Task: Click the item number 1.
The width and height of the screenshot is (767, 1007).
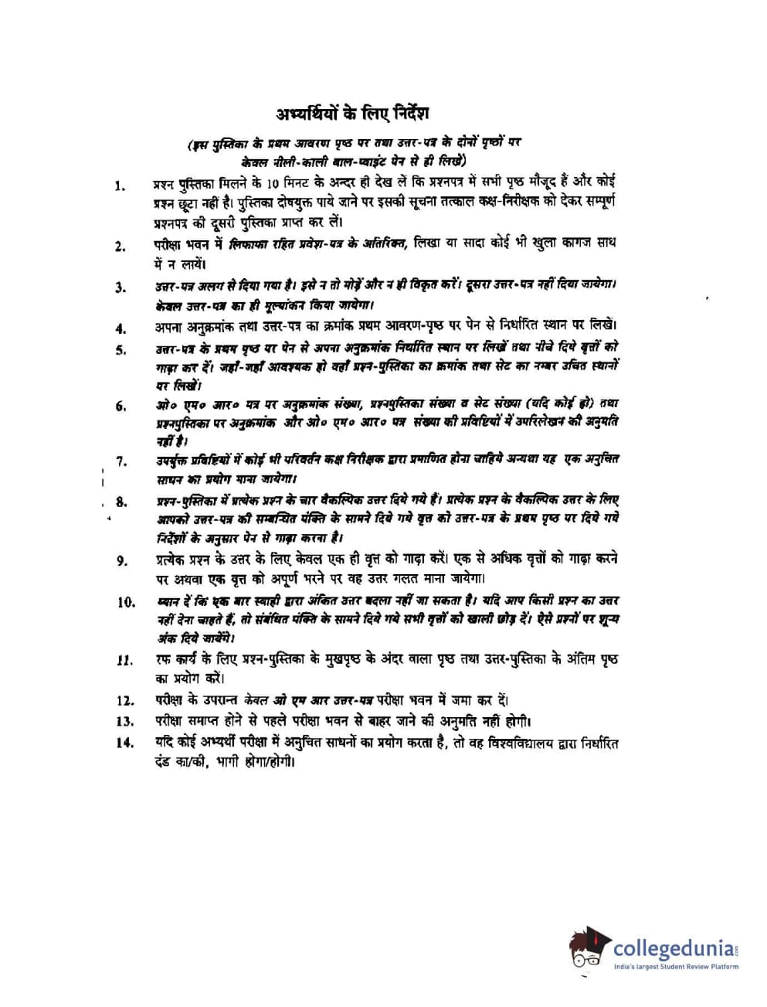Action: (x=120, y=185)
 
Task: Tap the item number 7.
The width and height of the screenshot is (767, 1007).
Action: (x=121, y=461)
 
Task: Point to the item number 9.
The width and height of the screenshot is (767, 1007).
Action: (x=122, y=560)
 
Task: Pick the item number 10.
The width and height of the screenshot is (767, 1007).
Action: (x=126, y=602)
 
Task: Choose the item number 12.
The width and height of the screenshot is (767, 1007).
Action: (x=125, y=701)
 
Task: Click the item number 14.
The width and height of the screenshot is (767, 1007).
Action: (x=125, y=743)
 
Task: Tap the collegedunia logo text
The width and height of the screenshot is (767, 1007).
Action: (x=675, y=947)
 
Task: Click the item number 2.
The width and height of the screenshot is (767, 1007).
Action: (x=120, y=247)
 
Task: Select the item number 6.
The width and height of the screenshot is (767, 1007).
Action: (x=121, y=406)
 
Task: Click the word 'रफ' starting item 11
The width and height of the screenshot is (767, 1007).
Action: (x=162, y=660)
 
